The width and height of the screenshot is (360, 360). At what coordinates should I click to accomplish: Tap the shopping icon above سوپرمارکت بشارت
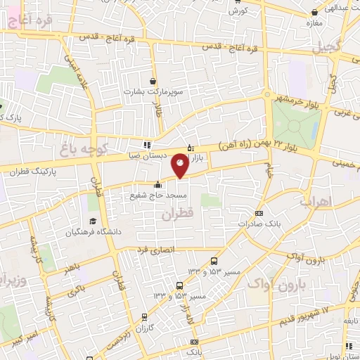tap(153, 80)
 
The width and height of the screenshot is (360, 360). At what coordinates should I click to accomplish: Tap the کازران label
tap(145, 329)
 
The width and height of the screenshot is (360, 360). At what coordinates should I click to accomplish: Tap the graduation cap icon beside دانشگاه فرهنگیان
tap(70, 231)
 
